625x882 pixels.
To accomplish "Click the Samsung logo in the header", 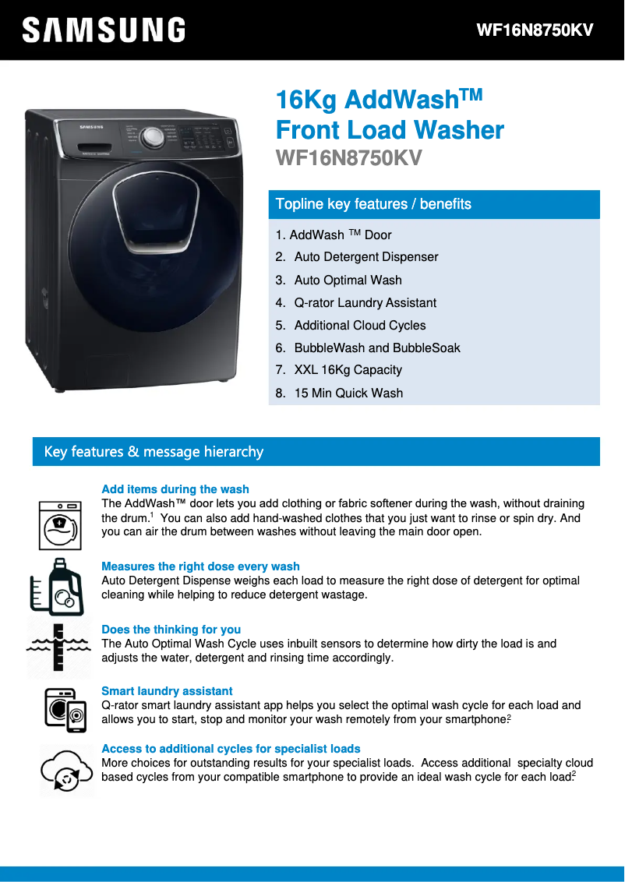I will [x=104, y=30].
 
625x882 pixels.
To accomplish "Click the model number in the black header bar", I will [x=535, y=30].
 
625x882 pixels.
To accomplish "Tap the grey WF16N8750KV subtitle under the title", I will [x=349, y=158].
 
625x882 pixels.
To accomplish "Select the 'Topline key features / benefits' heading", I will [x=373, y=204].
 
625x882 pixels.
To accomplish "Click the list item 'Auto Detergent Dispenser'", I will [x=366, y=257].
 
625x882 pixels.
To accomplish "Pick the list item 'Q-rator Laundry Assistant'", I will [x=365, y=302].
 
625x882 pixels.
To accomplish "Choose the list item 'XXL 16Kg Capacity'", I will [x=348, y=370].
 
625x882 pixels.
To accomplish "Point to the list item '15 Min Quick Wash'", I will [x=348, y=393].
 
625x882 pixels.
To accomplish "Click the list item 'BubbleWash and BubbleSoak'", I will [x=377, y=348].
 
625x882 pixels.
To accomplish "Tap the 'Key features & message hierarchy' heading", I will [x=154, y=452].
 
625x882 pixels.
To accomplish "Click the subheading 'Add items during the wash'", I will [x=175, y=489].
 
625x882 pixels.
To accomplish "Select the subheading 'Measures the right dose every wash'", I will [x=200, y=566].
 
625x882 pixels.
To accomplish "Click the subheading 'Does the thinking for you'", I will [x=171, y=630].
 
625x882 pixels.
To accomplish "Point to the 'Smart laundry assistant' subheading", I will [x=167, y=691].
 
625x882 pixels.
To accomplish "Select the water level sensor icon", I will [x=58, y=647].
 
